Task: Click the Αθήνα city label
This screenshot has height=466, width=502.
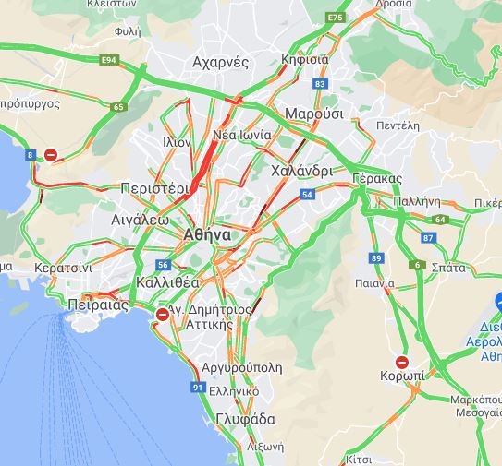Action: (x=207, y=234)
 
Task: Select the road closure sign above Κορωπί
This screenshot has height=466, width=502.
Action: (x=402, y=362)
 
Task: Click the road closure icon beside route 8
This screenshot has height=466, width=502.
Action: (x=52, y=155)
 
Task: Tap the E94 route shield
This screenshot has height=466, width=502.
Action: (x=110, y=60)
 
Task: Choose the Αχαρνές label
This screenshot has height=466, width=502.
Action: (x=220, y=63)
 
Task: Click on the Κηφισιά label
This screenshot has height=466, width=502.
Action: (x=304, y=59)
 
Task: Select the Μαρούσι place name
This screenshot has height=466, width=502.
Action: (x=314, y=114)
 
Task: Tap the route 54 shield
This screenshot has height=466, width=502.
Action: (x=307, y=194)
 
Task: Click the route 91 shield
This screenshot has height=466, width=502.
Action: (x=197, y=388)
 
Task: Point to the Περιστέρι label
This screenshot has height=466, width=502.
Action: (x=155, y=187)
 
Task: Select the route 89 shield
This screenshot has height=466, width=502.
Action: (x=375, y=257)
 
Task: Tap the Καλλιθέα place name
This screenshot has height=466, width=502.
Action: (x=167, y=281)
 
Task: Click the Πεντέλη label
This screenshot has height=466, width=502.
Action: (x=398, y=125)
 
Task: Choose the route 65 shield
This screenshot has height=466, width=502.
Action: (x=117, y=107)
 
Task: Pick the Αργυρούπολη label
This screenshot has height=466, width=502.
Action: (x=242, y=366)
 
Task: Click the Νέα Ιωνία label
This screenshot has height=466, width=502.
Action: (x=242, y=135)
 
